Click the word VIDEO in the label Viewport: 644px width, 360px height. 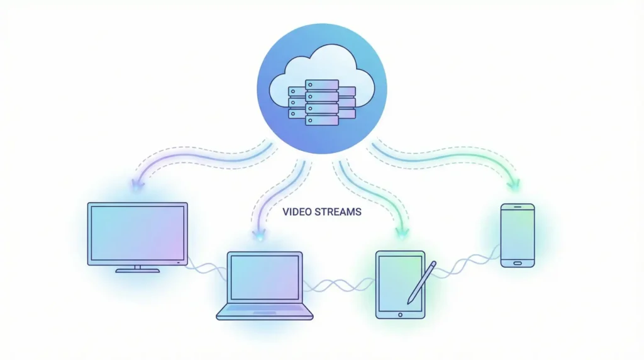click(295, 212)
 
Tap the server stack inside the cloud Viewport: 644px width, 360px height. click(322, 102)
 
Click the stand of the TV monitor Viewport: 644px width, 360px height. click(138, 269)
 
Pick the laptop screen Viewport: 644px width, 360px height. click(265, 278)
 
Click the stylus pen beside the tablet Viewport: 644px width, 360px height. click(421, 283)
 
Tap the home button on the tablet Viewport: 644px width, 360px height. click(400, 313)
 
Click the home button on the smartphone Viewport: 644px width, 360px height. click(518, 262)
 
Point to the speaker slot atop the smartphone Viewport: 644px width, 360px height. click(518, 207)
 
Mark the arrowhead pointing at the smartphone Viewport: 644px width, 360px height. click(516, 185)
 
